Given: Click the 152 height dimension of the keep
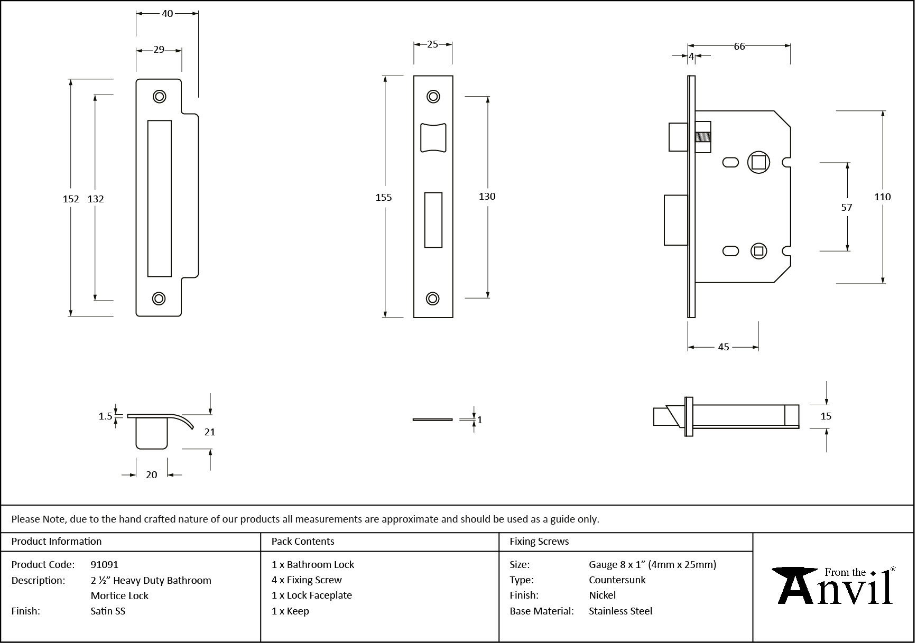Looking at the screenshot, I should coord(70,199).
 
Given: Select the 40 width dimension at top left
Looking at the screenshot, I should coord(167,14).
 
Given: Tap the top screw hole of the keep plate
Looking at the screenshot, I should coord(159,96).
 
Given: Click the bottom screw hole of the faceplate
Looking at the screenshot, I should coord(433,299).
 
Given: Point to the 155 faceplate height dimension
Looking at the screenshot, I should coord(384,197).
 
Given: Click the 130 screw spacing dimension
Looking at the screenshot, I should coord(487,197).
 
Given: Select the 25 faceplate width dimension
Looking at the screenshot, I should coord(432,44).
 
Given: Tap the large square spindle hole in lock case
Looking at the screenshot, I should coord(758,162).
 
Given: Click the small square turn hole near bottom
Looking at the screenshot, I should coord(759,251).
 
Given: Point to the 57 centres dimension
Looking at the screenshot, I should coord(846,208).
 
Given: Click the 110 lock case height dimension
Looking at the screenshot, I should coord(882,197).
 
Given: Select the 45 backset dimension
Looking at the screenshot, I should coord(723,347).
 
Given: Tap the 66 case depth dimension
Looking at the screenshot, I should coord(739,46).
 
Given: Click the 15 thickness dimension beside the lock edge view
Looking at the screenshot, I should coord(826,416).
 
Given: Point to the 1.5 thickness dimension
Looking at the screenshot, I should coord(105,416).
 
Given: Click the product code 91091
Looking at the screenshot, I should coord(105,564).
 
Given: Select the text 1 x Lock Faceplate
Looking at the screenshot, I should coord(311,595).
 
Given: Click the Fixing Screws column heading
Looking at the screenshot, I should coord(539,542).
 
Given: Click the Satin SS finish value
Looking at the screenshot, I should coord(108,611).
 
